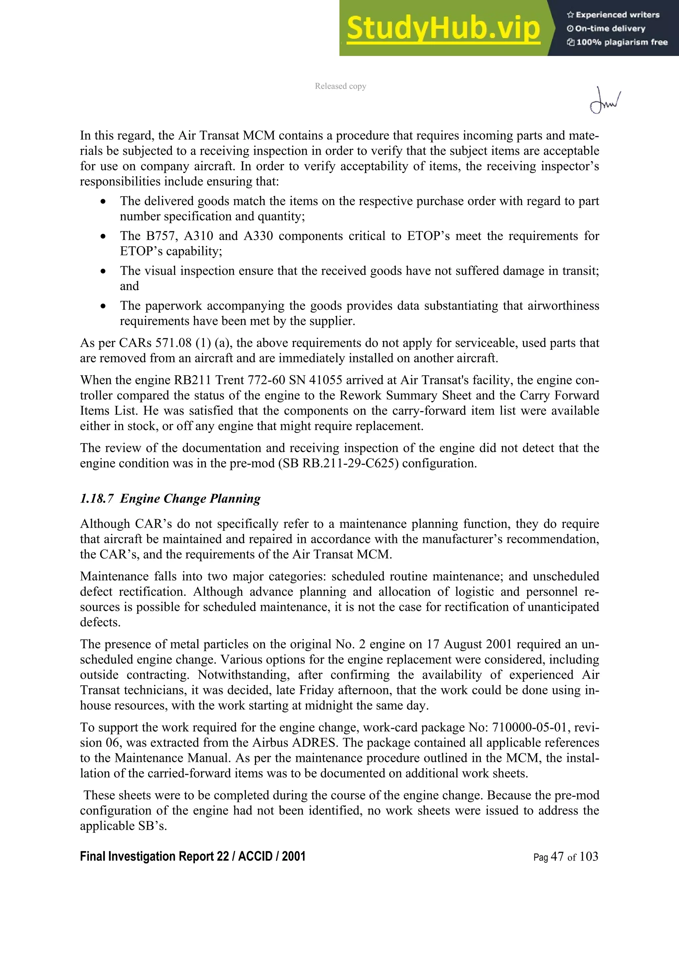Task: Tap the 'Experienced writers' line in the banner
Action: point(613,15)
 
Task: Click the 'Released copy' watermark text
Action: point(340,86)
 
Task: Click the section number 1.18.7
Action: point(96,499)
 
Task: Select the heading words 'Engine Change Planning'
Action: point(190,499)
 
